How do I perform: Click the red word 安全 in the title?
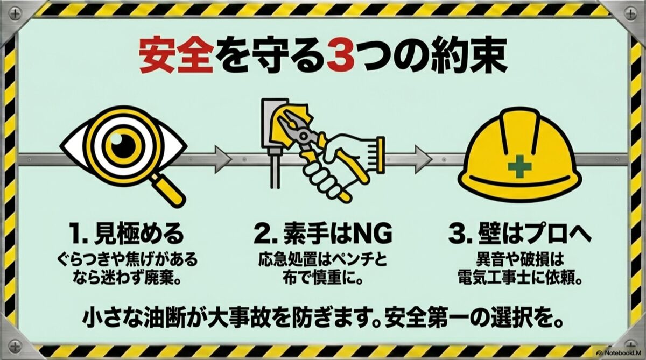tap(177, 55)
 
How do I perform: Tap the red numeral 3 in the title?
tap(341, 55)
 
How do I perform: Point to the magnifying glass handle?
tap(168, 190)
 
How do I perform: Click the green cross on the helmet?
tap(519, 167)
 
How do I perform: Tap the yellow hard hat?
tap(520, 156)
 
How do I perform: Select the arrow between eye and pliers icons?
tap(223, 160)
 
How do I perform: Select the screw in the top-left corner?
tap(15, 13)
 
